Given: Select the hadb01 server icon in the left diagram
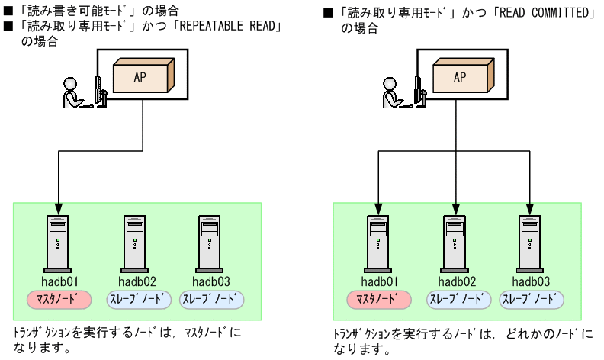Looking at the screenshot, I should [57, 242].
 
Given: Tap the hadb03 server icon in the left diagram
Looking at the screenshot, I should [210, 242].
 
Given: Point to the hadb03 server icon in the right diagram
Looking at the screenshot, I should [530, 242].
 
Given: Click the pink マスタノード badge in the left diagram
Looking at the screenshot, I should [58, 298].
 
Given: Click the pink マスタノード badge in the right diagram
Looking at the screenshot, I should [378, 298].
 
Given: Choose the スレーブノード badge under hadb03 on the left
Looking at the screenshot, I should [211, 298].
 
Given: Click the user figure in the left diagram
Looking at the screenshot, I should [75, 91].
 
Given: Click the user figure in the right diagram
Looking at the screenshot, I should [396, 91].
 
